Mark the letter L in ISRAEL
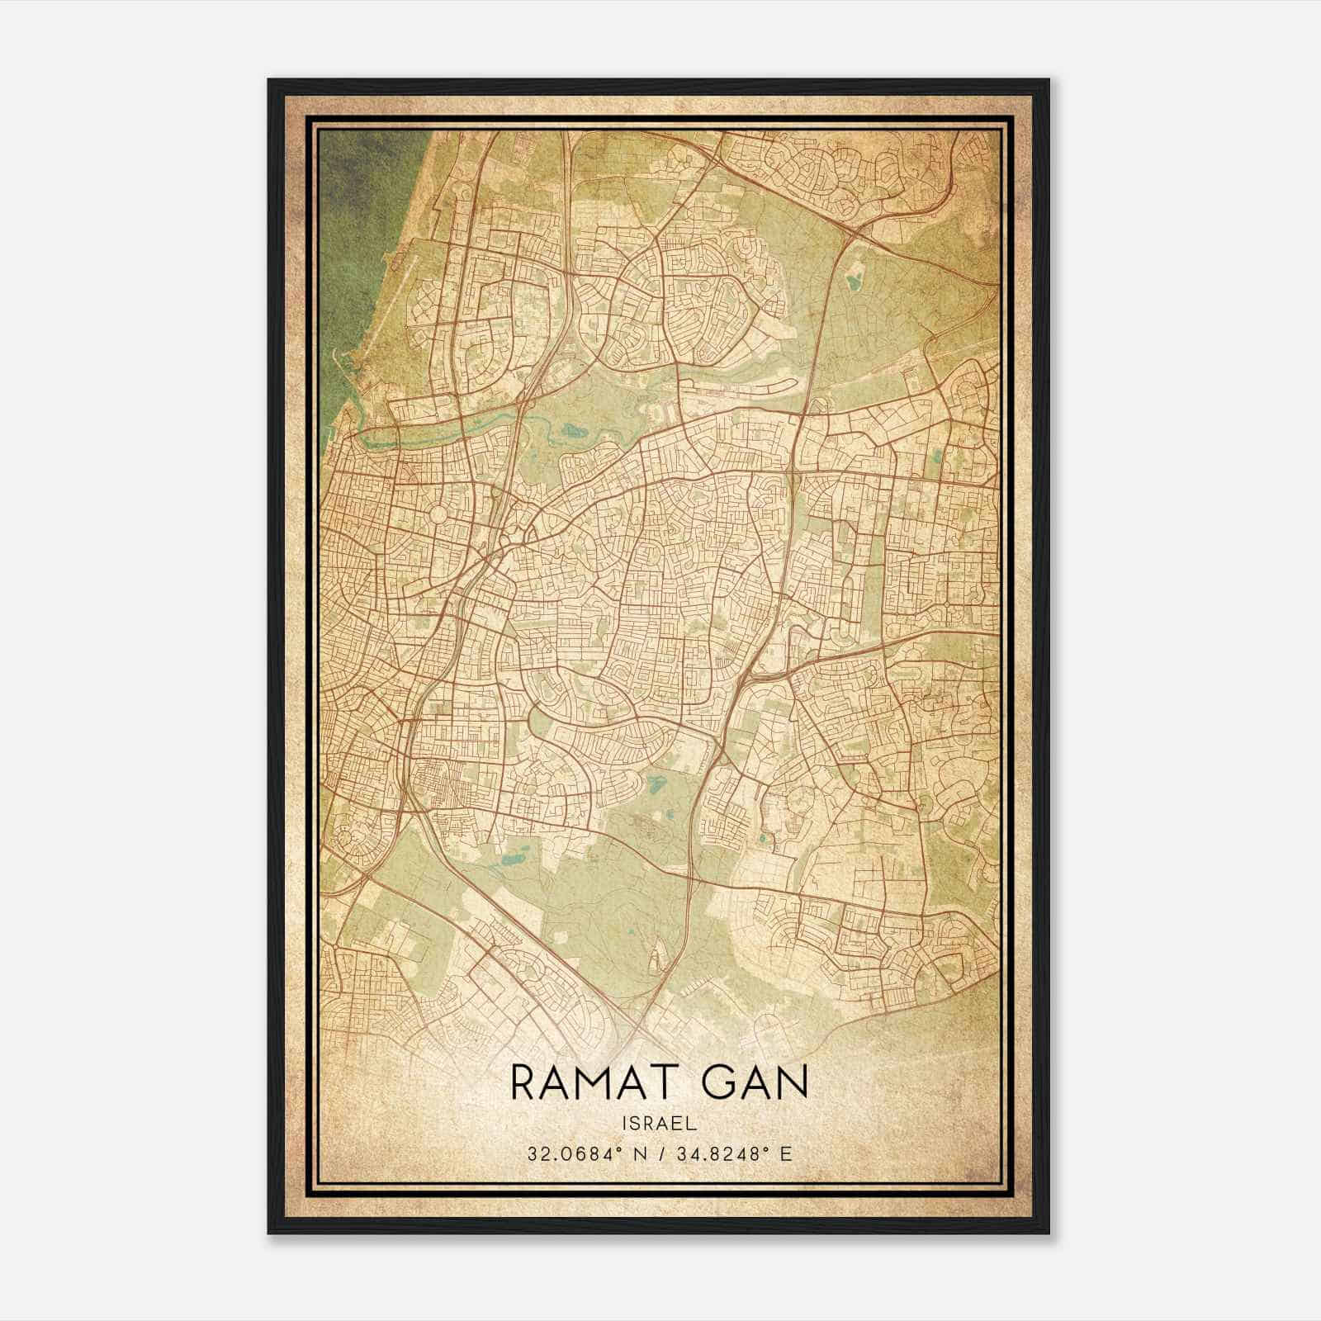point(692,1123)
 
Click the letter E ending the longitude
point(787,1153)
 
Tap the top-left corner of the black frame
point(270,81)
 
